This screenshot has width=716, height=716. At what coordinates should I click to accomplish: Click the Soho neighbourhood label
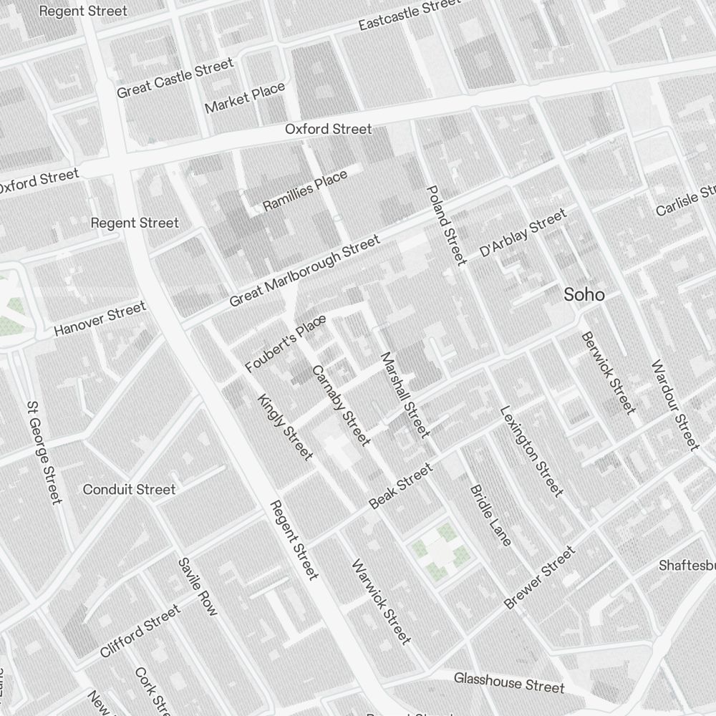click(584, 294)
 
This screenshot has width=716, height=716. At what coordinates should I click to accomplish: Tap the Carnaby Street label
click(341, 405)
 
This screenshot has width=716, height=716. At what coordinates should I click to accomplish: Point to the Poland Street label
click(446, 225)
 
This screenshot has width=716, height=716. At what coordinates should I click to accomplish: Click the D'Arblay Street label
click(523, 233)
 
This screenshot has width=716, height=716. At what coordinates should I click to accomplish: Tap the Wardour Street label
click(674, 405)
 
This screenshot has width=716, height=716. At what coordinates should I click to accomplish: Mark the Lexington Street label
click(531, 451)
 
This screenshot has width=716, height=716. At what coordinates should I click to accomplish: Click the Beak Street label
click(401, 486)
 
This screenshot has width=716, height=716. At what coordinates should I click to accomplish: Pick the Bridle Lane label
click(490, 516)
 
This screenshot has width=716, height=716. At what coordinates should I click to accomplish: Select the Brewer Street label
click(539, 578)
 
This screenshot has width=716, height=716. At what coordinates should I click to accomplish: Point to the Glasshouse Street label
click(508, 682)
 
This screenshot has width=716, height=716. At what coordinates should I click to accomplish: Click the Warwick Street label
click(381, 601)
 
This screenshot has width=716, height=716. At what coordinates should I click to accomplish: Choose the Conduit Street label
click(129, 490)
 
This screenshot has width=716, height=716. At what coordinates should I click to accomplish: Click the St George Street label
click(44, 451)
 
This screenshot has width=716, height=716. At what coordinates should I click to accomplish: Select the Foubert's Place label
click(285, 344)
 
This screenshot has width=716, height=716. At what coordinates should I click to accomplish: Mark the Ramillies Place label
click(304, 190)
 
